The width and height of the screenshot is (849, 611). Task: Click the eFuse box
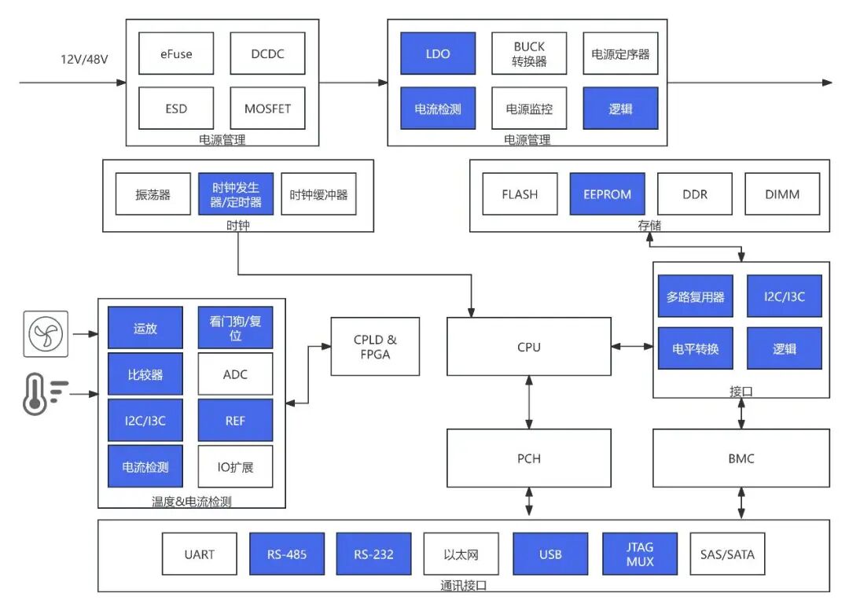(x=176, y=54)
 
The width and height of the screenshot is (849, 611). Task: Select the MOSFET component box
(x=267, y=109)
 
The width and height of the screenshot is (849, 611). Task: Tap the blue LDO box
(x=438, y=53)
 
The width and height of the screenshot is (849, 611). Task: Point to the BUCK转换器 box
(x=529, y=53)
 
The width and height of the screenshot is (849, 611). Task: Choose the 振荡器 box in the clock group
(x=153, y=194)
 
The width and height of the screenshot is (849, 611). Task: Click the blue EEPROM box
(x=607, y=194)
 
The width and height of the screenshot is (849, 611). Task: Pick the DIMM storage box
(x=782, y=194)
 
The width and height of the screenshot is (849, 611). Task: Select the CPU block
(x=529, y=347)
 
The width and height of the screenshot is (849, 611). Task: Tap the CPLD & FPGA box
(x=375, y=347)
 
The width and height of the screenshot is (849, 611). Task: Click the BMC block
(x=741, y=458)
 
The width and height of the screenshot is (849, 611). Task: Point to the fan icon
(x=46, y=333)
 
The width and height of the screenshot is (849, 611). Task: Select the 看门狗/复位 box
(x=235, y=328)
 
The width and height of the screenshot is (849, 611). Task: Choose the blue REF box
(x=235, y=421)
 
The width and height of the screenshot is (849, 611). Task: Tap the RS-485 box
(x=286, y=554)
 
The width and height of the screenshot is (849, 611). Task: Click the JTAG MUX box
(x=639, y=554)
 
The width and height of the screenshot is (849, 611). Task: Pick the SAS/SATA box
(x=727, y=554)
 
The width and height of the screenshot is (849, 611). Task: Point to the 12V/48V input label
(x=83, y=59)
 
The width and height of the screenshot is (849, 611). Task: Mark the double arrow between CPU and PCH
(x=529, y=402)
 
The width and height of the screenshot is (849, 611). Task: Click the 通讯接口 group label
(x=464, y=586)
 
